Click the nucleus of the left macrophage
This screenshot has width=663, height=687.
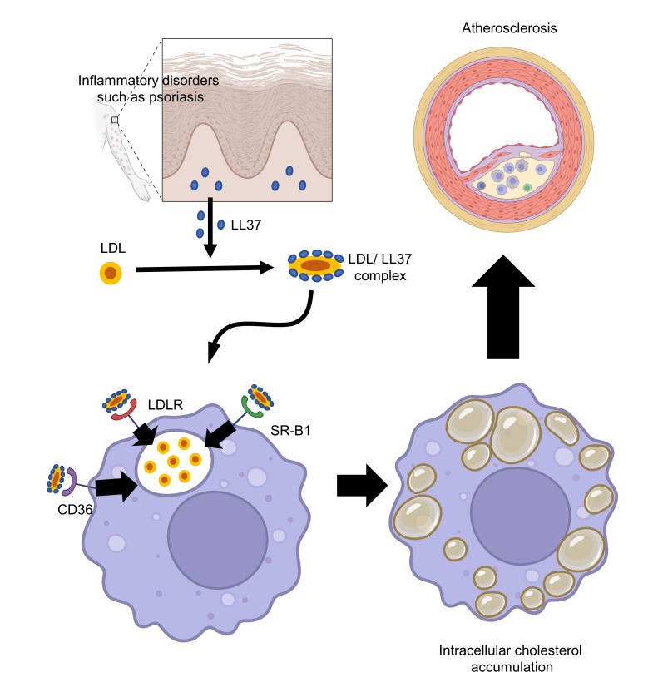[x=218, y=545]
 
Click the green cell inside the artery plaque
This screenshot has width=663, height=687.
[x=527, y=188]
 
